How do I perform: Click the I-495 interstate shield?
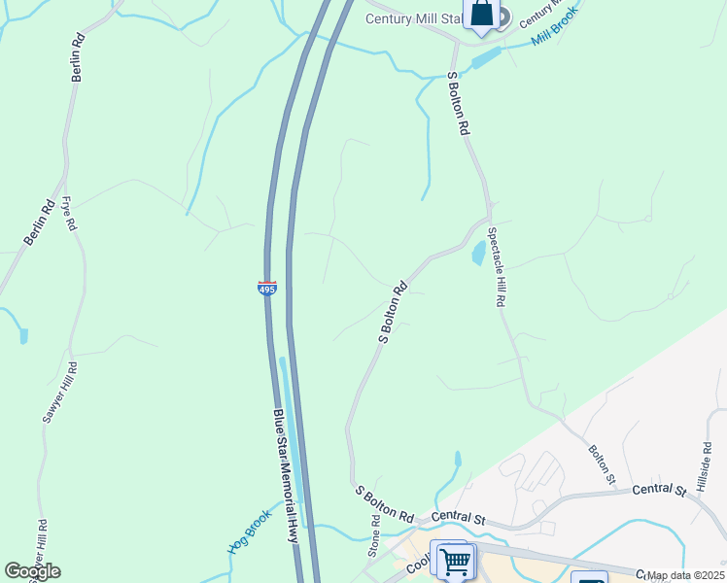[x=267, y=289]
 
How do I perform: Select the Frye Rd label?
[x=68, y=213]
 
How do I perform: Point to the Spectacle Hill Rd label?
[x=498, y=267]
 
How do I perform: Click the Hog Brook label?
[x=249, y=532]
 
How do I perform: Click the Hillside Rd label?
[x=707, y=467]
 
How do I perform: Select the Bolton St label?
[x=602, y=464]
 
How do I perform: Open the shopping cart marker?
[x=455, y=561]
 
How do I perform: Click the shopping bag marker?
[x=482, y=14]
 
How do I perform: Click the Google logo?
[x=32, y=571]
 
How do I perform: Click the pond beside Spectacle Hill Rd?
[x=478, y=255]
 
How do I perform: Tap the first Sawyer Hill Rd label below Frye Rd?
[x=58, y=391]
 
